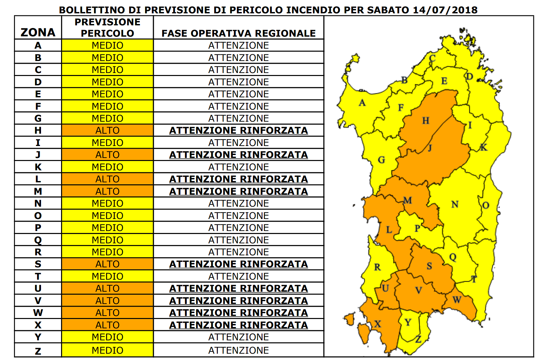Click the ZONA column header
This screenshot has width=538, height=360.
[x=38, y=32]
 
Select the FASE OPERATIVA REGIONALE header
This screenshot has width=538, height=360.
[x=238, y=33]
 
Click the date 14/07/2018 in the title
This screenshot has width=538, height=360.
[x=445, y=10]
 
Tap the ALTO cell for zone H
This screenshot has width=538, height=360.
[x=107, y=130]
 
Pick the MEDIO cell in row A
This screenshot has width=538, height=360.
[x=107, y=45]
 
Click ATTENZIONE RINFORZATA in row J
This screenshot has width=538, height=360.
[x=238, y=155]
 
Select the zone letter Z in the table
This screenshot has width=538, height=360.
[x=38, y=351]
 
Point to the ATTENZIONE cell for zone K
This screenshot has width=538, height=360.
[x=238, y=167]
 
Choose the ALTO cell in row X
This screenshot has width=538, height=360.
[x=107, y=325]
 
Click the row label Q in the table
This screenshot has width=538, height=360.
[x=38, y=240]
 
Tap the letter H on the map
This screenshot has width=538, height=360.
[x=426, y=121]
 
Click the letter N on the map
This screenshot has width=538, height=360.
[x=455, y=204]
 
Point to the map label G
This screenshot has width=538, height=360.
[x=382, y=160]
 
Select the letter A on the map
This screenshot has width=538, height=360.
[x=362, y=103]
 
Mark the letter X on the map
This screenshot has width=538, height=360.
[x=378, y=324]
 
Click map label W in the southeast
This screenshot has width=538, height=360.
[x=457, y=300]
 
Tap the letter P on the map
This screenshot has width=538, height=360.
[x=417, y=228]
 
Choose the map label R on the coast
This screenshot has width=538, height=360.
[x=377, y=267]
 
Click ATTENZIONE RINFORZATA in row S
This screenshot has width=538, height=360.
[x=238, y=264]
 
